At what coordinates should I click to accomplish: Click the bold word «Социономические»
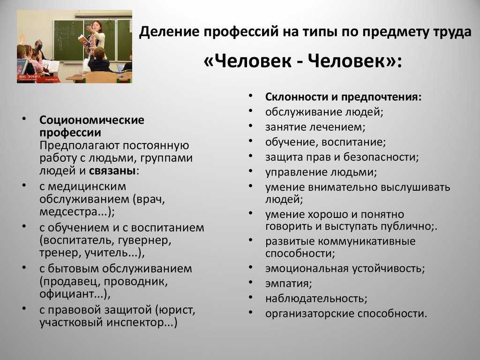click(x=92, y=120)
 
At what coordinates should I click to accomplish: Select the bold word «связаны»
click(x=112, y=171)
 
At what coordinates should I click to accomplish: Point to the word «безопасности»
click(x=380, y=157)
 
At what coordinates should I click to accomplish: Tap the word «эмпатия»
click(x=287, y=284)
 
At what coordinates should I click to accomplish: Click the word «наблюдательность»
click(x=315, y=299)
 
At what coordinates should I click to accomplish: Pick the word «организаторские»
click(x=310, y=314)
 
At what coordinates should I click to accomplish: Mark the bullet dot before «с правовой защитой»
click(x=24, y=308)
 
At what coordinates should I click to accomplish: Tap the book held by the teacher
click(x=83, y=40)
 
